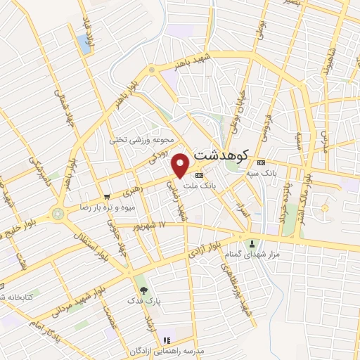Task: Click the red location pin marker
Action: point(181,165)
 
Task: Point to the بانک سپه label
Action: point(261,171)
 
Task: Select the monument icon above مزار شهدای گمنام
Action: point(252,243)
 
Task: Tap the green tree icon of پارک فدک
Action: point(144,290)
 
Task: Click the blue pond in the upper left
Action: point(86,46)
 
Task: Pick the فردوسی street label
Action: point(264,120)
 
